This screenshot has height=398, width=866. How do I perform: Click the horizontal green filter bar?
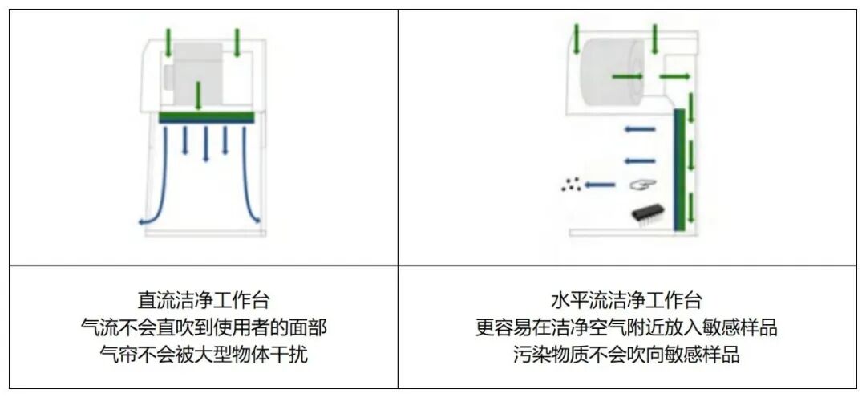tap(206, 117)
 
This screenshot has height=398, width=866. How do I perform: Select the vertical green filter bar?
tap(679, 169)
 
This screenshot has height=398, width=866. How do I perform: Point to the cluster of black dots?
tap(570, 185)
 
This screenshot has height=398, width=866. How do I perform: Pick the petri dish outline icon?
tap(639, 185)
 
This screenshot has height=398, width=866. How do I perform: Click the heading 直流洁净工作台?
tap(204, 302)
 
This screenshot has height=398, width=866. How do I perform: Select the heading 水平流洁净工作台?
tap(626, 302)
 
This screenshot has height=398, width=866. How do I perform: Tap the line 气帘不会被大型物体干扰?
tap(204, 355)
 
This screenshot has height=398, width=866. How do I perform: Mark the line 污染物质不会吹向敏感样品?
tap(626, 355)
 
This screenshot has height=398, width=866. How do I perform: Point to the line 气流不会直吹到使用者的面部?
tap(204, 328)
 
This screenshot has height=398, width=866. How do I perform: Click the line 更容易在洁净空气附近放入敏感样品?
tap(626, 328)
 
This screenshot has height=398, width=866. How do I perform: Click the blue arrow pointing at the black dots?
tap(600, 185)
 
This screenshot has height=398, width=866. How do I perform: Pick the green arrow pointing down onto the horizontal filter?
tap(198, 96)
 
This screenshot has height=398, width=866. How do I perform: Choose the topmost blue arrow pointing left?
tap(640, 128)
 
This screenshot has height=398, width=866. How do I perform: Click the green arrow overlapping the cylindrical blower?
tap(627, 76)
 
